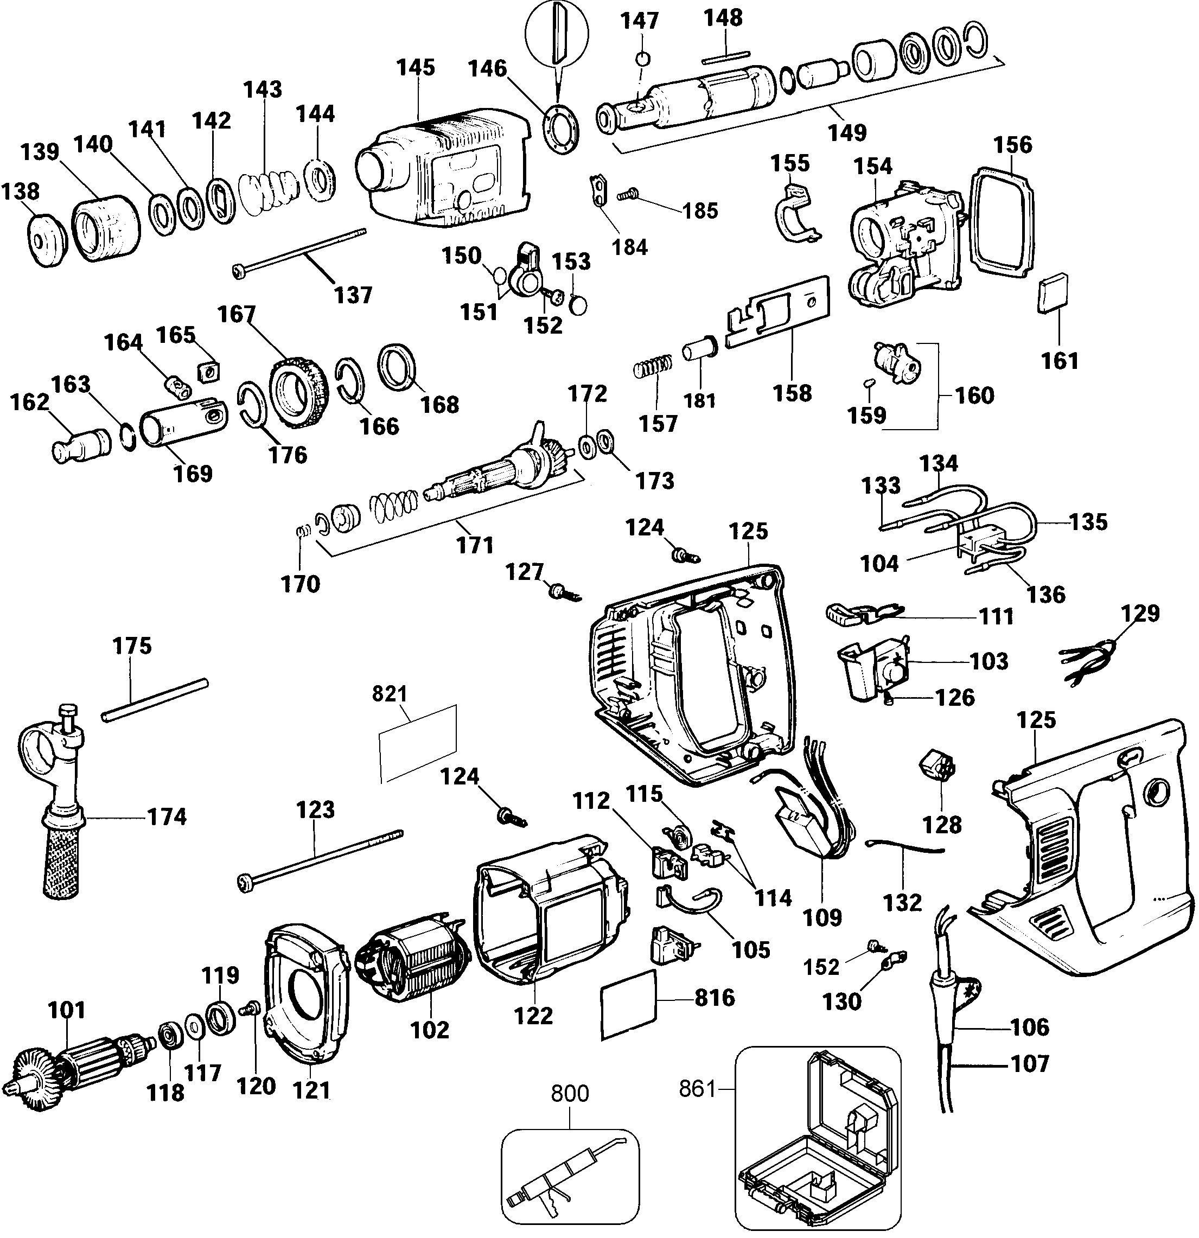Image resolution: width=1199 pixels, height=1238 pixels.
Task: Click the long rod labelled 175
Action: coord(155,700)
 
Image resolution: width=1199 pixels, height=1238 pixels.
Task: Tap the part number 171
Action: coord(475,545)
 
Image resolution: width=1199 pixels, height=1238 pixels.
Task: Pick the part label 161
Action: coord(1060,361)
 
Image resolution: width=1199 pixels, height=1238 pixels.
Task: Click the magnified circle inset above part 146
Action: coord(557,38)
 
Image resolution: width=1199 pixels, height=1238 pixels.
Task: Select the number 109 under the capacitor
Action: coord(822,916)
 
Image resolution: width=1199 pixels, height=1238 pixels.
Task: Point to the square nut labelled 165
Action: coord(208,371)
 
